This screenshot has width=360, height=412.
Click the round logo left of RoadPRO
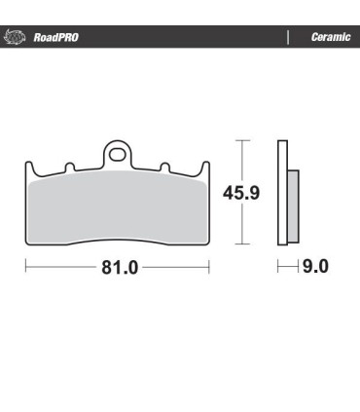coord(17,37)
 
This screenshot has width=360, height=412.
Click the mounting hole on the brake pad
coord(117,153)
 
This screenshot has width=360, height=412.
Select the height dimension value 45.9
coord(241,193)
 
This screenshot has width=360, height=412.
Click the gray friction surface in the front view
coord(117,209)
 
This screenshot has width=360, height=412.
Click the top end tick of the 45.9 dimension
coord(241,141)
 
